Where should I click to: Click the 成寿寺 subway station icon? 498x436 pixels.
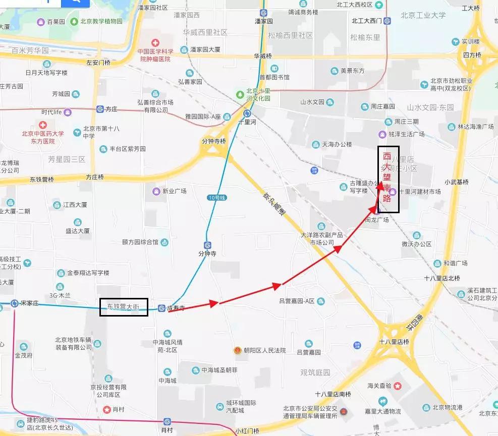(x=161, y=308)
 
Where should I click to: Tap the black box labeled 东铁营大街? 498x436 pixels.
(x=124, y=306)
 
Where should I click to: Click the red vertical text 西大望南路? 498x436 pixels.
(x=388, y=178)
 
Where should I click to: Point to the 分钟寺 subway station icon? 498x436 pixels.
(x=207, y=244)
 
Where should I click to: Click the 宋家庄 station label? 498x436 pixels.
(x=31, y=303)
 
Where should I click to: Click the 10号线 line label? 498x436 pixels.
(x=214, y=197)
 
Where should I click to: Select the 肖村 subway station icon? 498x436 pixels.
(x=168, y=421)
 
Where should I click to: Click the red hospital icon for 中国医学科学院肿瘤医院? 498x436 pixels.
(x=156, y=43)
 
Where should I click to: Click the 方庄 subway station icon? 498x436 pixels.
(x=100, y=109)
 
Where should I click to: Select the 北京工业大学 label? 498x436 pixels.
(x=423, y=15)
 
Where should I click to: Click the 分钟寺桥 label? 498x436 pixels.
(x=213, y=141)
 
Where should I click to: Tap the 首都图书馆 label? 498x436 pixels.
(x=274, y=77)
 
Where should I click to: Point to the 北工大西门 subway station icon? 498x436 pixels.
(x=387, y=21)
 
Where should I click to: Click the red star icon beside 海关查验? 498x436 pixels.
(x=398, y=386)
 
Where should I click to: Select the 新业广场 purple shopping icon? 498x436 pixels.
(x=156, y=191)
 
